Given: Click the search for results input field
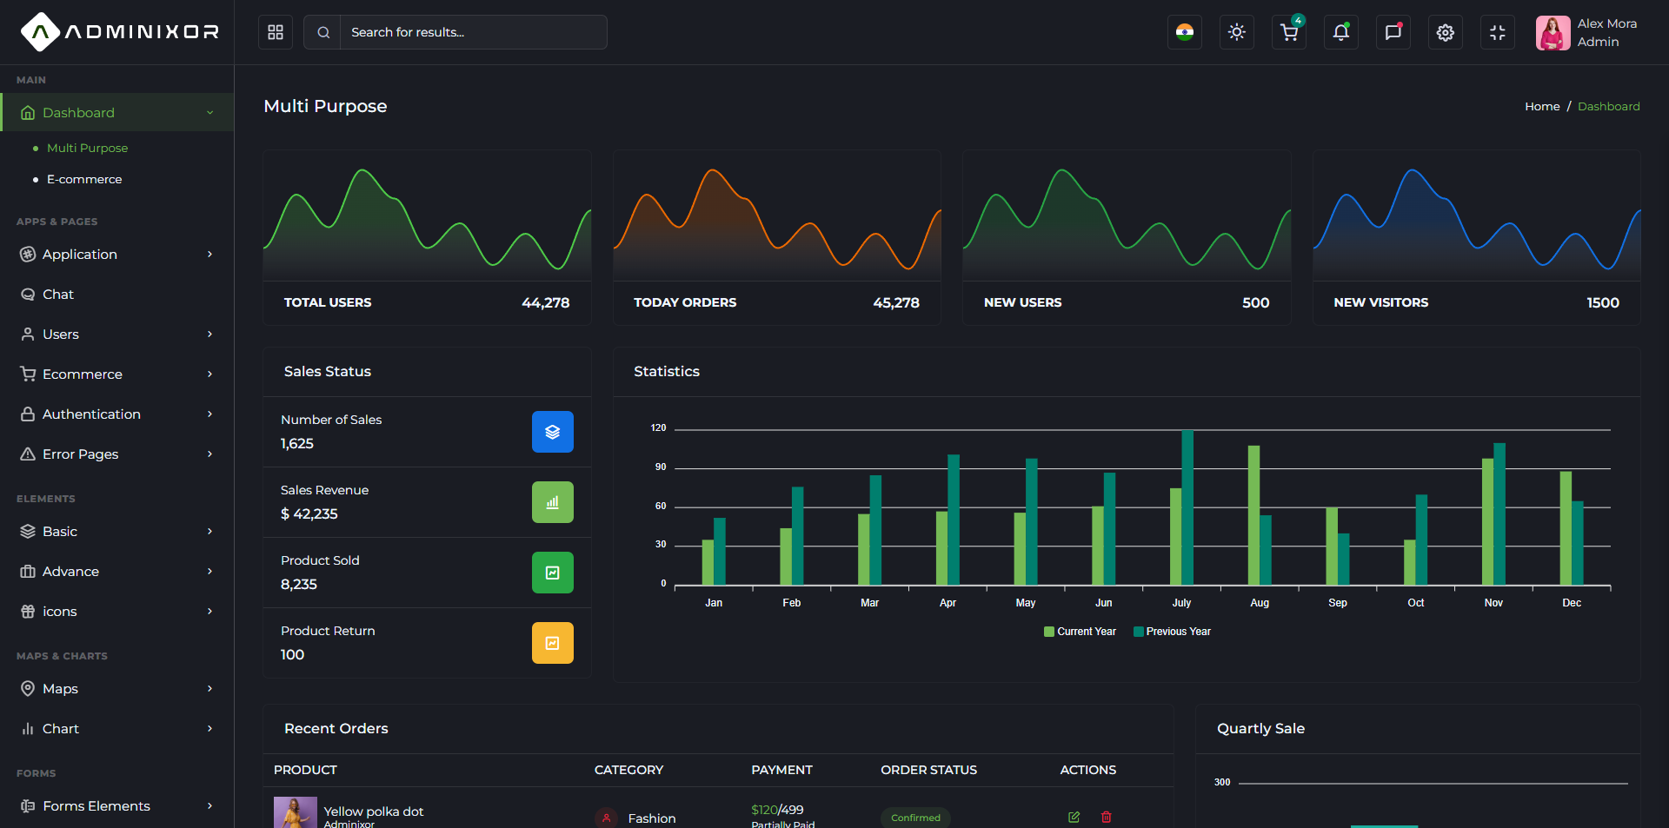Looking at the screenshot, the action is (x=473, y=32).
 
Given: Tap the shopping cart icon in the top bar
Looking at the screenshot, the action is (x=1289, y=32).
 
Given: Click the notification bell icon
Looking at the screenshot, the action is (x=1341, y=32).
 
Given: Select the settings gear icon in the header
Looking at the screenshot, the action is (x=1446, y=32).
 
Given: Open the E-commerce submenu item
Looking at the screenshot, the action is (x=84, y=179).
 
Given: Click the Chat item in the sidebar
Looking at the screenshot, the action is (x=58, y=295).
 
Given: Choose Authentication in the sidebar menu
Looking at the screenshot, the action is (x=91, y=414).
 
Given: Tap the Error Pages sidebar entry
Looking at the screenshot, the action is (x=80, y=454).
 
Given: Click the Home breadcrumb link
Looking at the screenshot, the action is (x=1542, y=106).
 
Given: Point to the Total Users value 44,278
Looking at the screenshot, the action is (x=546, y=302).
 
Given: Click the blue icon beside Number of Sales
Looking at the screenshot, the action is (x=553, y=432).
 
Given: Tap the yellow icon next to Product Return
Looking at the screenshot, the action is (x=553, y=643).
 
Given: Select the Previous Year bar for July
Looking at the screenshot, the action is (x=1187, y=507).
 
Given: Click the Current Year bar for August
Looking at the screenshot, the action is (x=1253, y=515).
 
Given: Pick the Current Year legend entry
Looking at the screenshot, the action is (x=1080, y=632).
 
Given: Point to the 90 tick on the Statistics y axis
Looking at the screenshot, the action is (x=661, y=467).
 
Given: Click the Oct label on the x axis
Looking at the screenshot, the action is (x=1416, y=603).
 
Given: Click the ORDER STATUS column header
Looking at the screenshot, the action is (x=928, y=770).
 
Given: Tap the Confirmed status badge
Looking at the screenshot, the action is (x=915, y=818).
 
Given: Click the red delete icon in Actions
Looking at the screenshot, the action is (x=1107, y=817).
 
